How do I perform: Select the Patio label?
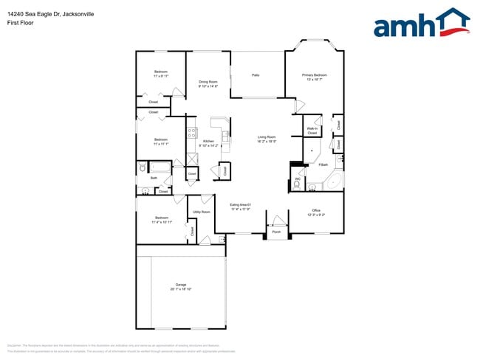[256, 75]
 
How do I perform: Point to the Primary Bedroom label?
[315, 75]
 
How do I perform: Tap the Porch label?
[276, 231]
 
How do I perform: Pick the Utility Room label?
[202, 212]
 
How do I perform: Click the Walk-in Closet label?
[312, 131]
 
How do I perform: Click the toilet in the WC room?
[296, 187]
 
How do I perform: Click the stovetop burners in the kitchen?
[191, 134]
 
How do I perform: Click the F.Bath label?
[323, 165]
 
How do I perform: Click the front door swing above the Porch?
[277, 219]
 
